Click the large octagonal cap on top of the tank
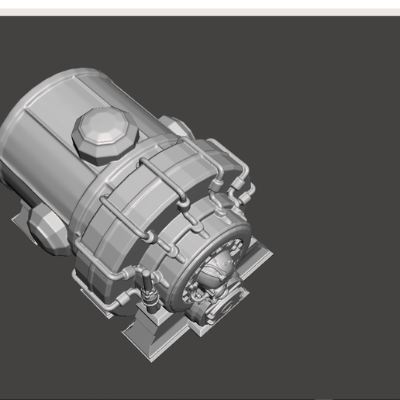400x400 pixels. (105, 134)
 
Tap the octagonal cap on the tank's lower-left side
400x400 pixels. (46, 226)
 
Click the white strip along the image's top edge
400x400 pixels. (200, 7)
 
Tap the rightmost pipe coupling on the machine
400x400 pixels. (250, 190)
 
